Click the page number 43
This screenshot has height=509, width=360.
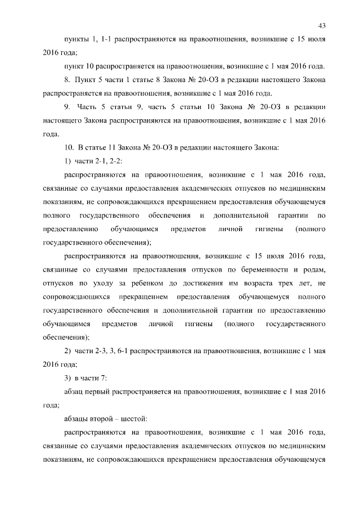click(x=322, y=25)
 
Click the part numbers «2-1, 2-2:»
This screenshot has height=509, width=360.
click(x=105, y=161)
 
